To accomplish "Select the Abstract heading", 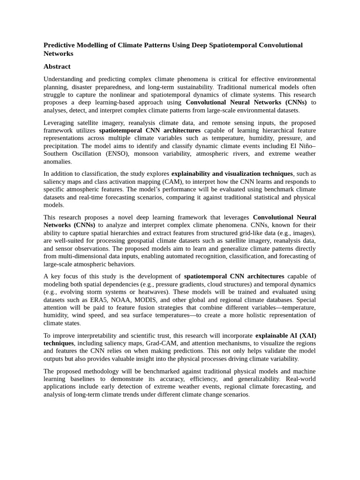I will point(57,67).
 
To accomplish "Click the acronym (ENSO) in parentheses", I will point(116,154).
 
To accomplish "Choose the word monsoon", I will point(147,154).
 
